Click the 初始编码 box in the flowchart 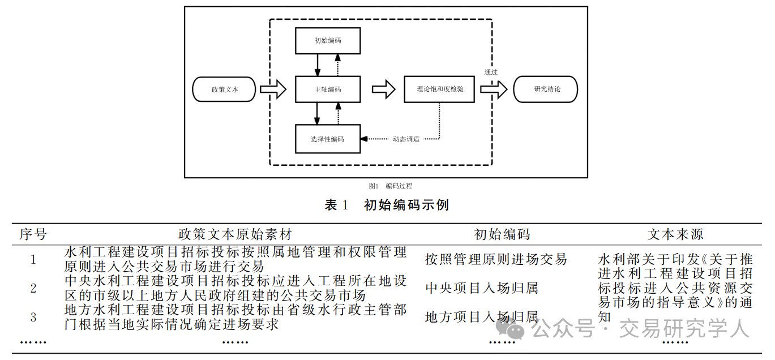click(x=328, y=41)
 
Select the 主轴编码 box click(x=328, y=89)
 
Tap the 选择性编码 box click(x=328, y=139)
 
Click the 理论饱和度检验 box click(x=439, y=89)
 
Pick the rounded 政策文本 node click(x=225, y=89)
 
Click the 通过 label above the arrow click(x=491, y=72)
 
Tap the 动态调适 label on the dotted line click(x=406, y=139)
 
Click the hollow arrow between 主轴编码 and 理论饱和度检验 click(x=383, y=89)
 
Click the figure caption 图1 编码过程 click(x=390, y=186)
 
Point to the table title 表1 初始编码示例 click(x=387, y=205)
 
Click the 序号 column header click(x=33, y=234)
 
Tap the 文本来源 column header click(x=675, y=234)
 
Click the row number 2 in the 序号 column click(x=33, y=288)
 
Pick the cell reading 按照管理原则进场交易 click(x=496, y=259)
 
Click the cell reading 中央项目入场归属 click(x=482, y=288)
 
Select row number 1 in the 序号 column click(x=33, y=259)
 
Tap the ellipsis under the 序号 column click(x=33, y=341)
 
